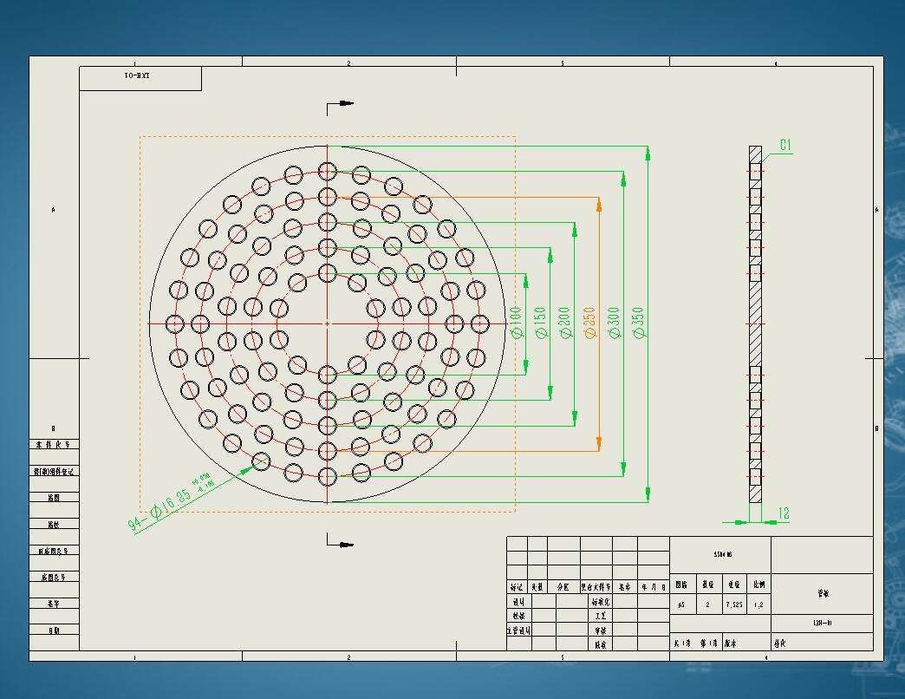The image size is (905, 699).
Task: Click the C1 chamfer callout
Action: point(785,146)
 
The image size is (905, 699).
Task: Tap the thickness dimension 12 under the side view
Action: point(783,513)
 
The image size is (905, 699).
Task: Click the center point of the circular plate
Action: point(327,323)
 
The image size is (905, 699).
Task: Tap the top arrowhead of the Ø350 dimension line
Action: point(648,154)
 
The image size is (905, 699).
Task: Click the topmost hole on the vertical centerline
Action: point(327,171)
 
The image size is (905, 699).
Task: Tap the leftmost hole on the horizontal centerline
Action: point(175,323)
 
